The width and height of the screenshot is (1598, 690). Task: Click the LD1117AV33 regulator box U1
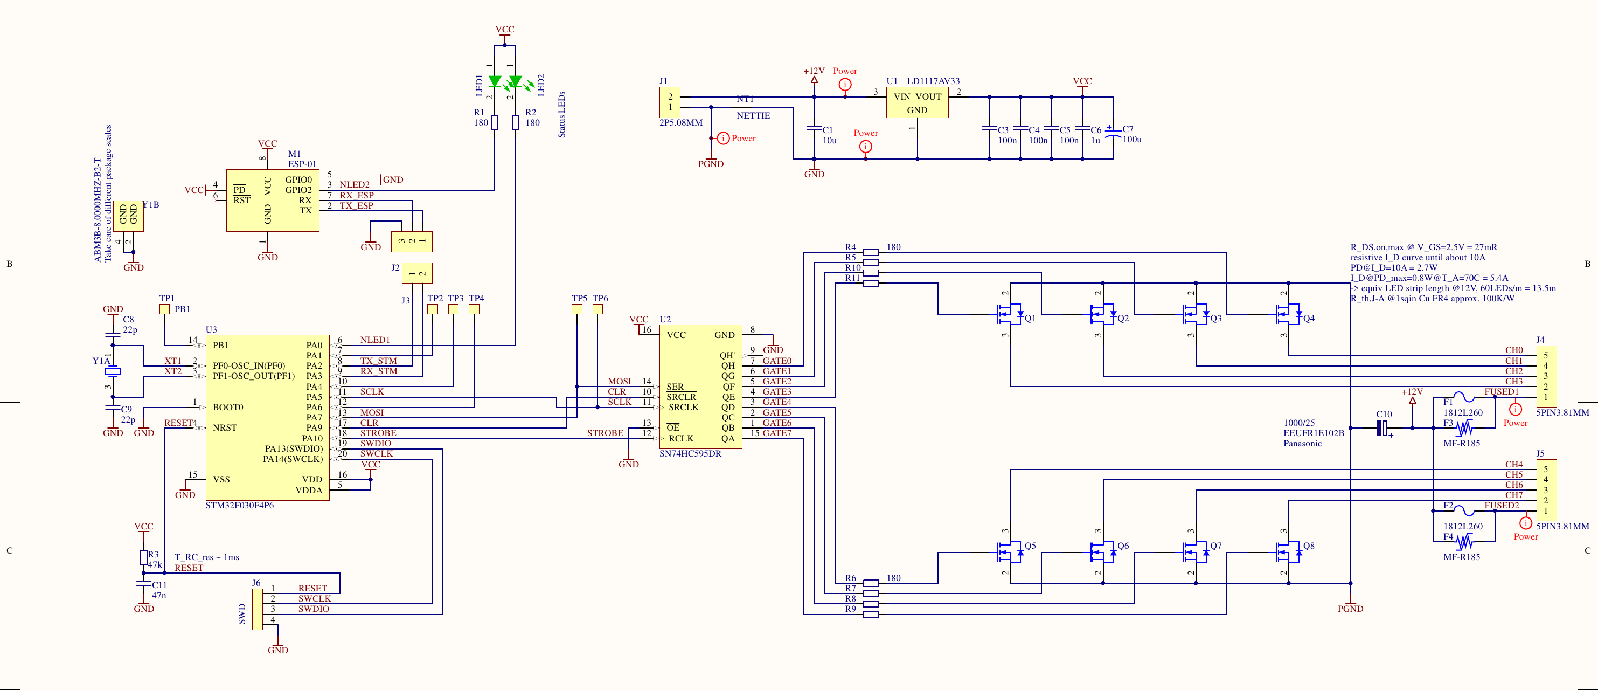point(917,103)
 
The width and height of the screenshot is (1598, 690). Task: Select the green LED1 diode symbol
point(495,81)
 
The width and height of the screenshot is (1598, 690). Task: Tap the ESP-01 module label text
point(302,164)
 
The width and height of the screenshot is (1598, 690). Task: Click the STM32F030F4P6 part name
point(239,506)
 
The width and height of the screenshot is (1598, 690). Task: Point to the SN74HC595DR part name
point(690,453)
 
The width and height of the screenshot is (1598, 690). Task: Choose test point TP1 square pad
point(164,309)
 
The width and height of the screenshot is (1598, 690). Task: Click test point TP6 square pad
point(597,309)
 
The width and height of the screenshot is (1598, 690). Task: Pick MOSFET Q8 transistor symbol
point(1288,550)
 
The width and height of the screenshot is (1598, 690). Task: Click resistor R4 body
point(871,252)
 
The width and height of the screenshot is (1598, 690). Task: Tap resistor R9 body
point(871,615)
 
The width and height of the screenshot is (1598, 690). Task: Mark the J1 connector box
point(669,102)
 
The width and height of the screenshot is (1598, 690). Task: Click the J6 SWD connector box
point(258,609)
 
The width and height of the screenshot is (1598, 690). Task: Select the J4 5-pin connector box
point(1545,377)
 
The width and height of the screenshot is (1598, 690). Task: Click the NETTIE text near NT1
point(753,116)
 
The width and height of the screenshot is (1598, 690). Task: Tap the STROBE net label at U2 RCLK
point(605,433)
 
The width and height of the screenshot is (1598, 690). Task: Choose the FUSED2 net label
point(1501,506)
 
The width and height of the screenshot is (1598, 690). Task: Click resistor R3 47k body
point(144,557)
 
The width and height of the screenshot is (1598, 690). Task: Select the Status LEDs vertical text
point(561,115)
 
